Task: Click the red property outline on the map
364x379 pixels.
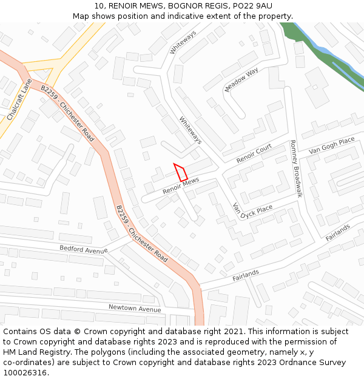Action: [181, 172]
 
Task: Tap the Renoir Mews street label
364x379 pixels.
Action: [181, 186]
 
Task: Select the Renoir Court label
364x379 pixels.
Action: [254, 154]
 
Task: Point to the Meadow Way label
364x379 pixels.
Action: [241, 80]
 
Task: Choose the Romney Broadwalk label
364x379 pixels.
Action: [295, 168]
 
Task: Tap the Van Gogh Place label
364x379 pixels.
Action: [331, 146]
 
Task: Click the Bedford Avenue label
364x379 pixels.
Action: [83, 249]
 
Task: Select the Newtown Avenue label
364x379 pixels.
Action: [135, 307]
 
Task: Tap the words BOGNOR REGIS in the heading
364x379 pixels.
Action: [195, 6]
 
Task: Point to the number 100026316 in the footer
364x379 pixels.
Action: [25, 372]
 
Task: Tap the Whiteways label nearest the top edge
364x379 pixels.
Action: [183, 42]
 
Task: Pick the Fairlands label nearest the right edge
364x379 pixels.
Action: [338, 232]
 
